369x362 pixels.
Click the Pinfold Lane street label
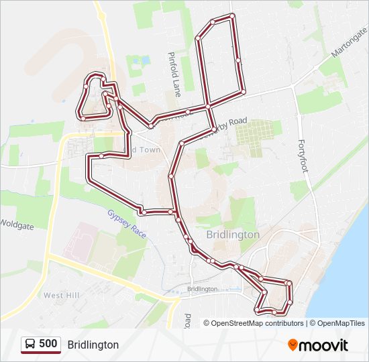[x=174, y=74]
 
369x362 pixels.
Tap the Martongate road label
[x=349, y=44]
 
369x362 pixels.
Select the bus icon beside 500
[x=30, y=344]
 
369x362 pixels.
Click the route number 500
[x=48, y=344]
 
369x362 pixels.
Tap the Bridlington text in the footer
[x=93, y=345]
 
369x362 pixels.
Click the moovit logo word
[x=323, y=345]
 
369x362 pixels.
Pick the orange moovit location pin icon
[x=293, y=345]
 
